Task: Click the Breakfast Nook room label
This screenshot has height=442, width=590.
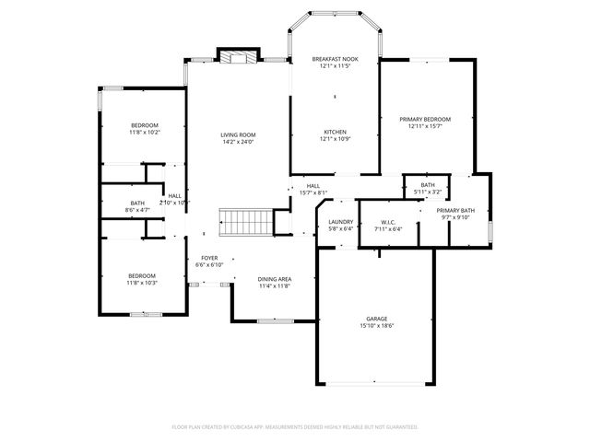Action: click(x=335, y=59)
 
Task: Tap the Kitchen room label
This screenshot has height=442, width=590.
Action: click(x=335, y=132)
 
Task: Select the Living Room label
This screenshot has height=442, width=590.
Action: click(x=237, y=134)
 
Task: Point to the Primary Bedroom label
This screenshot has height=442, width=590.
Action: click(x=425, y=119)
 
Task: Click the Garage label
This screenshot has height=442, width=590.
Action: click(x=376, y=319)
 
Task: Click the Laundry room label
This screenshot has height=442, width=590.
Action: click(x=341, y=222)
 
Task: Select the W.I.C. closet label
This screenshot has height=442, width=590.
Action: click(x=388, y=222)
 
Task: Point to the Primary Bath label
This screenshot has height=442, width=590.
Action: click(x=455, y=211)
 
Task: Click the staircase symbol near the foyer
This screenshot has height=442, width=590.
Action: click(x=245, y=222)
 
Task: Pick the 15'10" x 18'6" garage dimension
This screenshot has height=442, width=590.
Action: click(x=376, y=326)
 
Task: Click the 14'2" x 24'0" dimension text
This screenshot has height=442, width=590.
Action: click(x=237, y=142)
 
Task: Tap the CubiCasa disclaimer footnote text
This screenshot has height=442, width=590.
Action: click(x=295, y=427)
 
